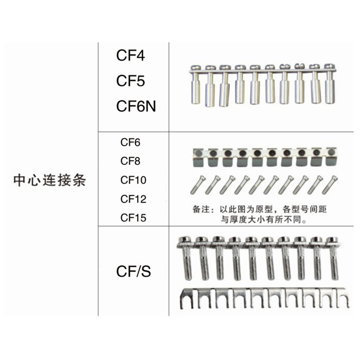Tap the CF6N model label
pyautogui.click(x=135, y=106)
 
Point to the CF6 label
pyautogui.click(x=130, y=142)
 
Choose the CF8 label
pyautogui.click(x=130, y=161)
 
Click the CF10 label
pyautogui.click(x=133, y=180)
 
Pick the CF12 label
pyautogui.click(x=133, y=199)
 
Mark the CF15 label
pyautogui.click(x=133, y=218)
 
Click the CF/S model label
pyautogui.click(x=133, y=271)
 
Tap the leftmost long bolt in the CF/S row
pyautogui.click(x=186, y=260)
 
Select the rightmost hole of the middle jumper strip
pyautogui.click(x=331, y=153)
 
